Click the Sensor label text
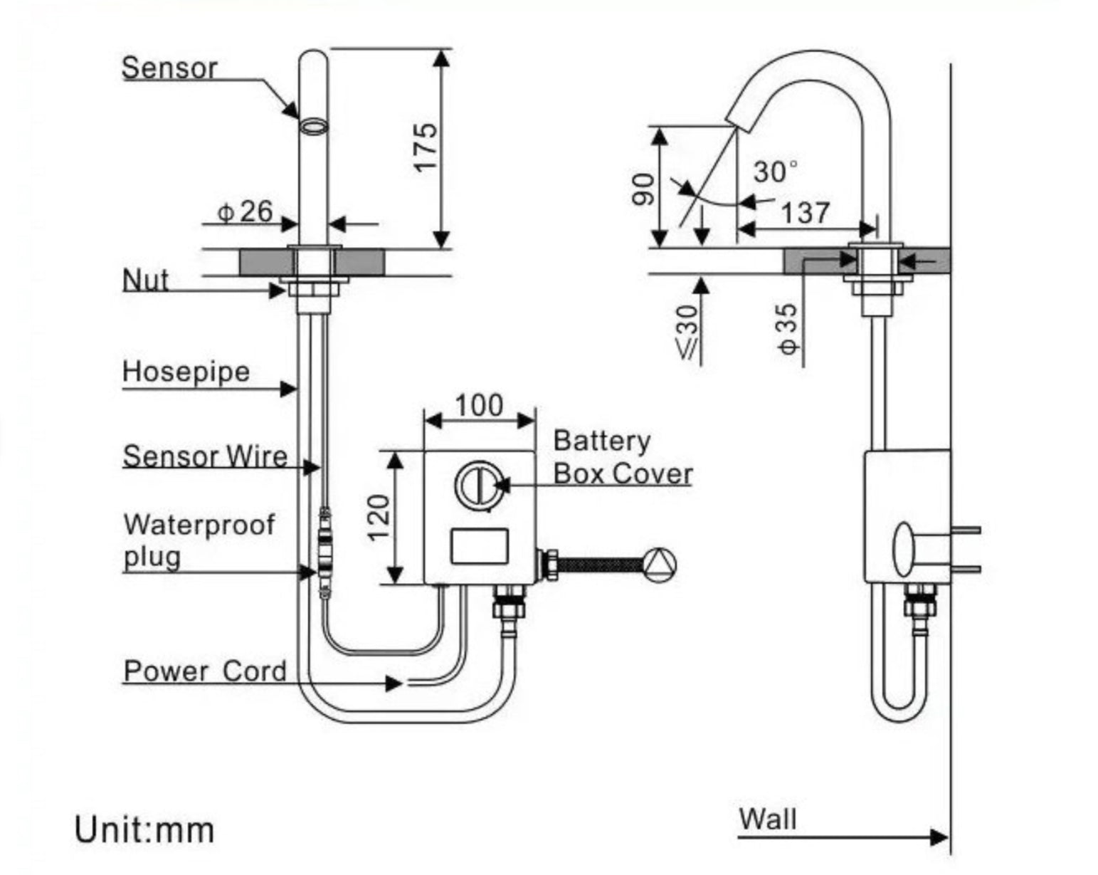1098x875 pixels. coord(169,68)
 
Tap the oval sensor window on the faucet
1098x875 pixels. coord(313,127)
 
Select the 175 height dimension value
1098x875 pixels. coord(426,147)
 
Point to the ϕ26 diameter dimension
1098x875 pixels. coord(246,211)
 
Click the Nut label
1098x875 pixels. coord(146,280)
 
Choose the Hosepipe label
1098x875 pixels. coord(186,372)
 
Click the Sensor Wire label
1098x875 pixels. coord(205,456)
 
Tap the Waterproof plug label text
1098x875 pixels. coord(198,540)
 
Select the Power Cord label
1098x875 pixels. coord(205,671)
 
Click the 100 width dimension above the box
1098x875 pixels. coord(478,405)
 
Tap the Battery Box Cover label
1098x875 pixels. coord(622,457)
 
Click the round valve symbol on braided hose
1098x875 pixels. coord(660,564)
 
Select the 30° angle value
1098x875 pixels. coord(775,172)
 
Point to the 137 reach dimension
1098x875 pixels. coord(805,212)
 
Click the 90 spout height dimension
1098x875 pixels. coord(644,189)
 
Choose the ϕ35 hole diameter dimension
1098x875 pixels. coord(788,329)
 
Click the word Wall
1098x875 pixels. coord(767,819)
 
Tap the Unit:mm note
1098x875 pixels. coord(144,830)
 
